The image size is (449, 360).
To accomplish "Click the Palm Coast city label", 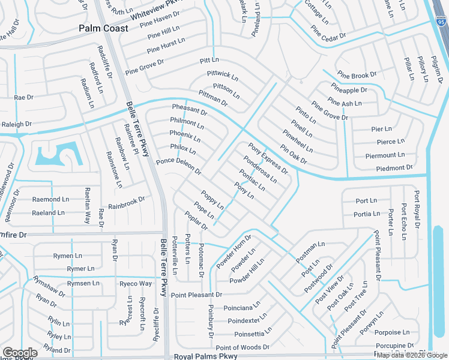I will (103, 28).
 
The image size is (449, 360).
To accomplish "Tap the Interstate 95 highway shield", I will (441, 22).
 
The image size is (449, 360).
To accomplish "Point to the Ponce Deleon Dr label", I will (178, 166).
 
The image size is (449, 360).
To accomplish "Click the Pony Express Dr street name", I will (268, 158).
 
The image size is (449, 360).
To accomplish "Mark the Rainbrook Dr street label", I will (127, 202).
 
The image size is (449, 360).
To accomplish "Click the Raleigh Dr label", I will (16, 124).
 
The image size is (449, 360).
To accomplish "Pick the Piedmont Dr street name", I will (394, 168).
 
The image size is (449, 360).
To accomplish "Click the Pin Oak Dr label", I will (294, 154).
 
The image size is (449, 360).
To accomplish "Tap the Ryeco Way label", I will (135, 283).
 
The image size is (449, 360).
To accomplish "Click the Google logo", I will (20, 353).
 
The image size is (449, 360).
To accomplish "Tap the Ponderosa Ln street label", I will (260, 170).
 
